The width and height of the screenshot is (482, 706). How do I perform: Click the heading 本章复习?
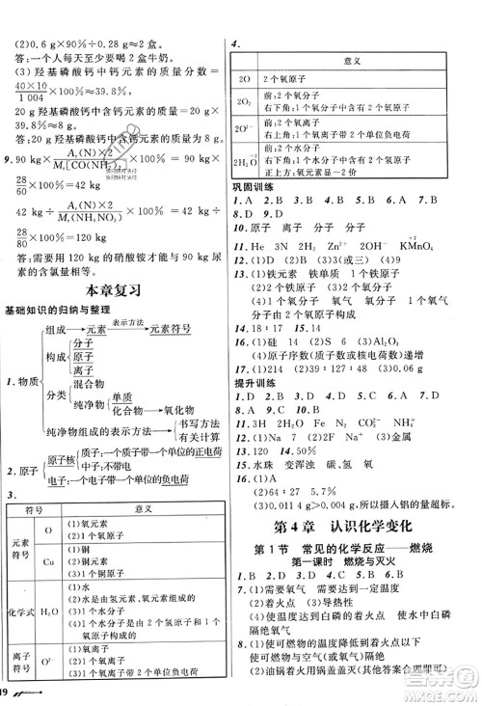(x=114, y=289)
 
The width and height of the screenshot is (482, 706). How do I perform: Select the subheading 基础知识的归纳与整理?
(x=61, y=309)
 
